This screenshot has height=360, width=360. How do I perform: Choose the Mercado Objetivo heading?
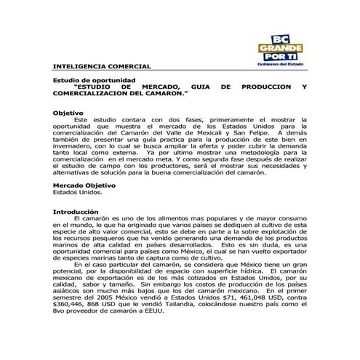coord(84,186)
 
